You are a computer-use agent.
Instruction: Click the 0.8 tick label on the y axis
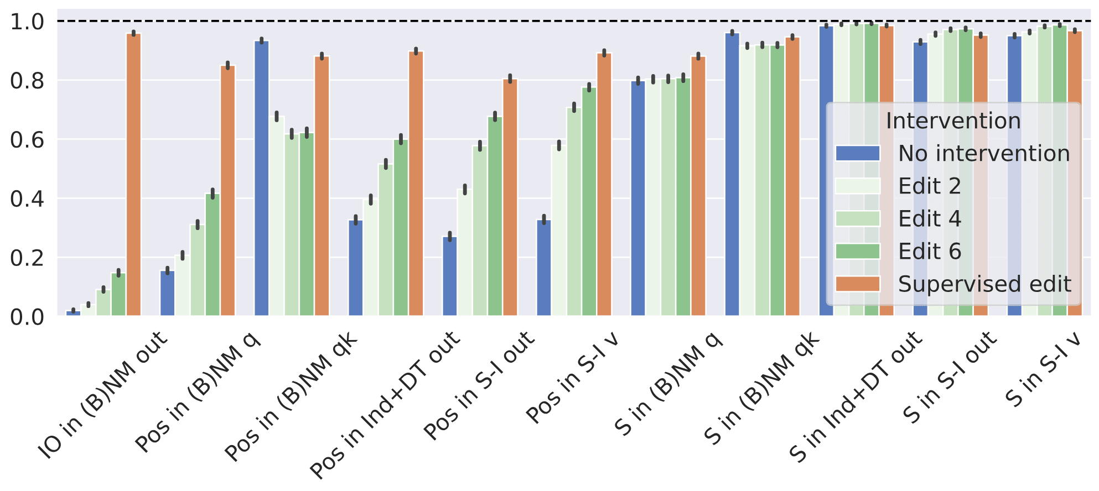click(27, 81)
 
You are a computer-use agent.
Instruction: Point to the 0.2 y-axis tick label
click(27, 258)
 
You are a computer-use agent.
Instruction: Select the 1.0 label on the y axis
click(27, 22)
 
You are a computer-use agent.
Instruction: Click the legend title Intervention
click(953, 121)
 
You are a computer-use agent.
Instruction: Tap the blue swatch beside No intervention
click(858, 154)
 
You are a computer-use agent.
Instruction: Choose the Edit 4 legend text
click(930, 219)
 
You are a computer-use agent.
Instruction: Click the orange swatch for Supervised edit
click(858, 284)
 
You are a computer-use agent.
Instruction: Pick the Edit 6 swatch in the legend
click(858, 252)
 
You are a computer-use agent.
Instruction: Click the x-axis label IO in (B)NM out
click(103, 395)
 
